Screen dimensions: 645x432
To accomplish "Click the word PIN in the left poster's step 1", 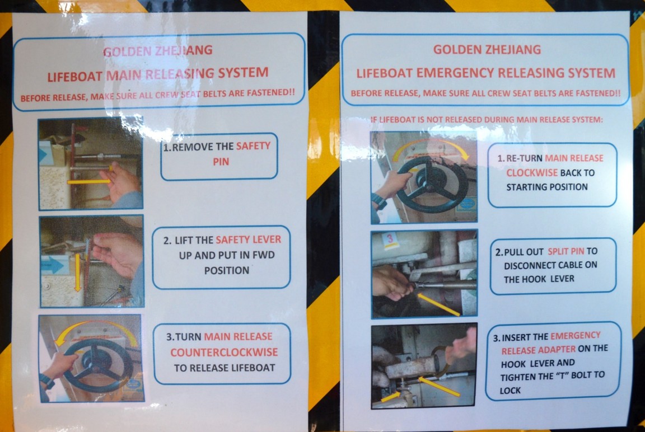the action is [221, 162].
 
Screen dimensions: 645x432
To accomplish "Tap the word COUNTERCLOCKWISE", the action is [224, 352].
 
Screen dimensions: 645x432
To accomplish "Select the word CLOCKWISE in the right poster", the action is [532, 173].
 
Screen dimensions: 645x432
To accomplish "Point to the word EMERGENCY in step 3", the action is [576, 336].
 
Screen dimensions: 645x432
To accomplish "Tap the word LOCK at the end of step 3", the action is [510, 391].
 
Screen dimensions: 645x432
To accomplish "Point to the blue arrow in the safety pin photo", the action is [43, 155].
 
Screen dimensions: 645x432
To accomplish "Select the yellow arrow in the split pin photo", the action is [438, 304].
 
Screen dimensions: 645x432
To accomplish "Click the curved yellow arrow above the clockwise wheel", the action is [430, 143].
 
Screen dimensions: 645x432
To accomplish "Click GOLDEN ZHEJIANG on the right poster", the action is [487, 50].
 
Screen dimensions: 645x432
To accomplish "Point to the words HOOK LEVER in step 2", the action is [539, 279].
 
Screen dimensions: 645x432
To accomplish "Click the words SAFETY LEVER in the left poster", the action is [249, 240].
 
